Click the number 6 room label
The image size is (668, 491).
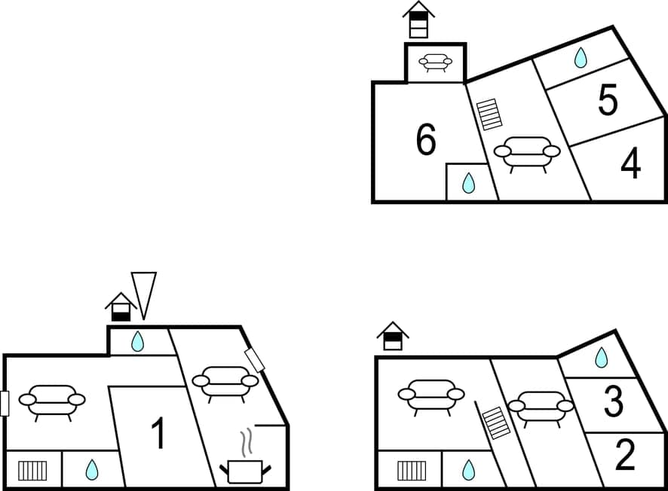(426, 140)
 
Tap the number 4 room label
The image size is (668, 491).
(630, 164)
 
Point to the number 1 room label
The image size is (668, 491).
(158, 434)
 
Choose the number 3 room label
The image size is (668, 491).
(614, 403)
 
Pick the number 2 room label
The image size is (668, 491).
(625, 455)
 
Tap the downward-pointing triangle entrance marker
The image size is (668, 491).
(143, 294)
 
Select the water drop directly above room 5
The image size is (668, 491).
(581, 58)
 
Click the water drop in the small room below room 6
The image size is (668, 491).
(468, 183)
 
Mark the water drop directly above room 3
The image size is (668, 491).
(601, 358)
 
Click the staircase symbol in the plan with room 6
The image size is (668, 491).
(490, 114)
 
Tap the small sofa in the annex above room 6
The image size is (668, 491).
(436, 63)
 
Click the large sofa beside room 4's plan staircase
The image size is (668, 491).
(527, 153)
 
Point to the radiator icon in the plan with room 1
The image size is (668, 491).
(32, 471)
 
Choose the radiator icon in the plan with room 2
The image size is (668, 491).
(412, 471)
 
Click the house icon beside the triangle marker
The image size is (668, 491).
(121, 307)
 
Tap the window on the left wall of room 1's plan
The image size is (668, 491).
(5, 404)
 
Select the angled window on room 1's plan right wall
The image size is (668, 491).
(256, 360)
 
